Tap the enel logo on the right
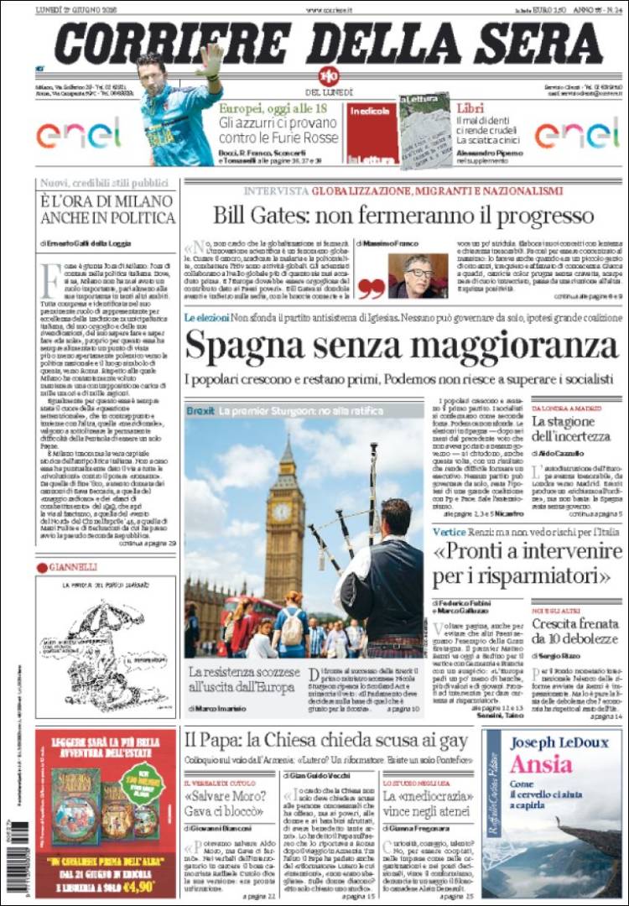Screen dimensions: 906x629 pyautogui.click(x=577, y=133)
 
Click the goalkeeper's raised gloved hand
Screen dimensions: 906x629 pyautogui.click(x=211, y=59)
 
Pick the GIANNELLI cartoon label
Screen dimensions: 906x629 pyautogui.click(x=76, y=567)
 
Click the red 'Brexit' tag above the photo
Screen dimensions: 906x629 pyautogui.click(x=200, y=411)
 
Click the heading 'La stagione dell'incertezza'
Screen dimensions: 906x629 pyautogui.click(x=572, y=429)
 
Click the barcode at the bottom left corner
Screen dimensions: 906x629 pyautogui.click(x=18, y=860)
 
